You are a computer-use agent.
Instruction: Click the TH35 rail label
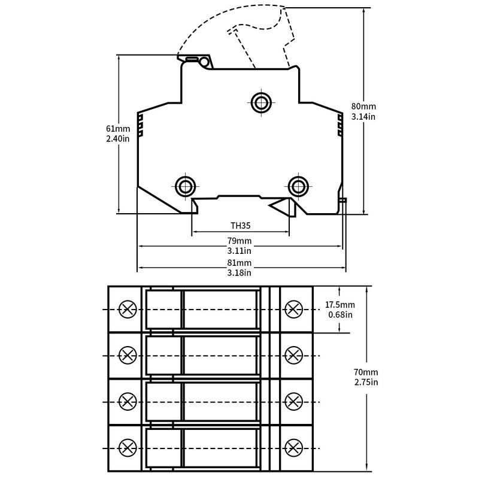point(240,226)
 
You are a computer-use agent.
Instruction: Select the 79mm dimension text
point(239,241)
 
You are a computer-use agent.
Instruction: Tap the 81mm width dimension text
point(239,263)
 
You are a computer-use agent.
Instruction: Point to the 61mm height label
point(118,128)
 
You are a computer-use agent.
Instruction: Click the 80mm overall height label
point(363,107)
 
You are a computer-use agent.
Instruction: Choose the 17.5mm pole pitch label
point(339,305)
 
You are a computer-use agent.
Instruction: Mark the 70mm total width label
point(366,372)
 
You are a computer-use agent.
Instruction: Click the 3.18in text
point(239,273)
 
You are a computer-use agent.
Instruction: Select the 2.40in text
point(118,138)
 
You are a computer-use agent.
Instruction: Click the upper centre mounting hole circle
point(260,102)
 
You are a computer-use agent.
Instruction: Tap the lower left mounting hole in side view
point(185,186)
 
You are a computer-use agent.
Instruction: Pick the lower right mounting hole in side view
point(297,186)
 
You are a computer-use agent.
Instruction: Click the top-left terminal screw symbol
point(128,309)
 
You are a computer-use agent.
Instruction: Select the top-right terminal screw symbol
point(293,309)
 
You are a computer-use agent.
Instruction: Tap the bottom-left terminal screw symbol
point(128,447)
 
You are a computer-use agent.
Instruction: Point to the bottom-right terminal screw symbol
point(293,447)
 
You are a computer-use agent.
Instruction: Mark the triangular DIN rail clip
point(281,207)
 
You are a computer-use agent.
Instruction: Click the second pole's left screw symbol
point(128,355)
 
